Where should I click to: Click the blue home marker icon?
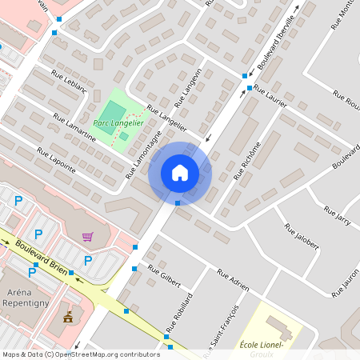point(180,173)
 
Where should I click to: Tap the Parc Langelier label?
point(118,122)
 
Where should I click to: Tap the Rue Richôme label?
point(247,160)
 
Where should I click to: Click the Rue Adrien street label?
point(233,281)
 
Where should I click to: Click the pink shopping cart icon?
point(87,237)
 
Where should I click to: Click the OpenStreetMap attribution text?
point(80,354)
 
